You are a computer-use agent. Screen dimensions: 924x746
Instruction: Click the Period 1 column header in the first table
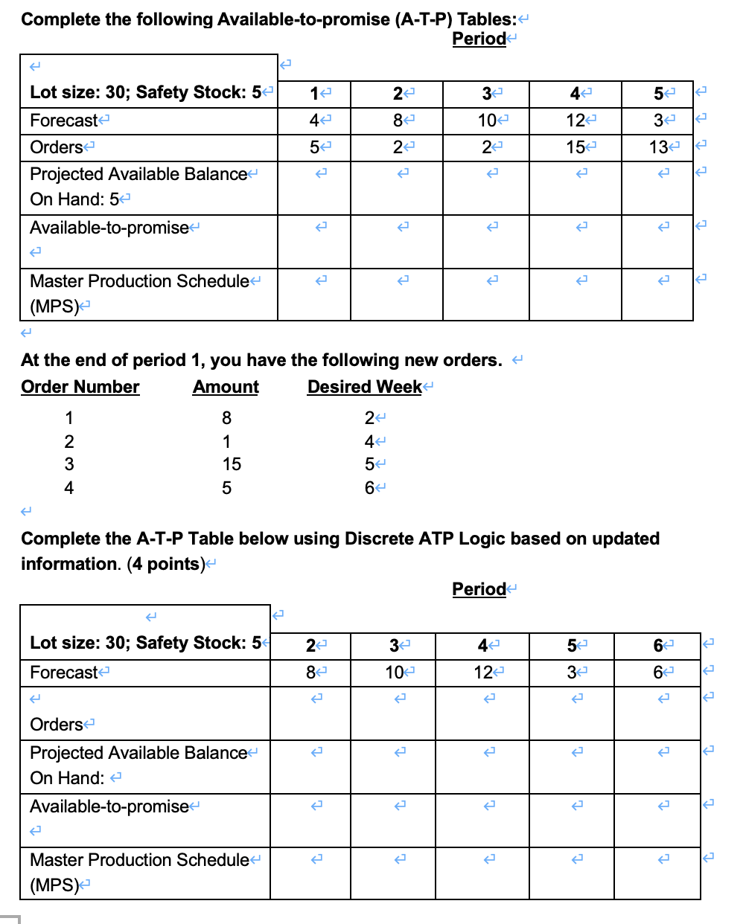[x=314, y=94]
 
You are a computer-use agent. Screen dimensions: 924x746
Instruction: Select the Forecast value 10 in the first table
[x=487, y=121]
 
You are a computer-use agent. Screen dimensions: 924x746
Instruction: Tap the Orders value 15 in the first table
[x=575, y=147]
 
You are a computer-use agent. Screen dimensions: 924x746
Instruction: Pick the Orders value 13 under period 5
[x=658, y=147]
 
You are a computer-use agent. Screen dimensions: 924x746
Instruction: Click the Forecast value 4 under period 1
[x=314, y=121]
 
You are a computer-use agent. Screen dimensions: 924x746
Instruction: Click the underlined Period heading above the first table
[x=479, y=39]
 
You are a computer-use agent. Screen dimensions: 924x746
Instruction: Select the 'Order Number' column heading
[x=80, y=387]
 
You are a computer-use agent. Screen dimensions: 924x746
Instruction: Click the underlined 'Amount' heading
[x=226, y=387]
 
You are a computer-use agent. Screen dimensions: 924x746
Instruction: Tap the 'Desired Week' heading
[x=365, y=387]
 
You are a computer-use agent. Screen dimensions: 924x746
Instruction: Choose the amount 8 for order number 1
[x=226, y=418]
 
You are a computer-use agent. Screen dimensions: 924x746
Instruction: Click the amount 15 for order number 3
[x=232, y=464]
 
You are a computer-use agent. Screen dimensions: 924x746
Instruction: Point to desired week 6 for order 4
[x=369, y=488]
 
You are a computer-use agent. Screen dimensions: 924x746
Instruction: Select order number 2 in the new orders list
[x=69, y=442]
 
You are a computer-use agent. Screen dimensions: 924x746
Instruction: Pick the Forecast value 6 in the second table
[x=657, y=673]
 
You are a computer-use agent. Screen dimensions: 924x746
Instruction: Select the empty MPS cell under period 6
[x=657, y=873]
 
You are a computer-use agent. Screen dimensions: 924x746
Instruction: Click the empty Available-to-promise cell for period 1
[x=314, y=242]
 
